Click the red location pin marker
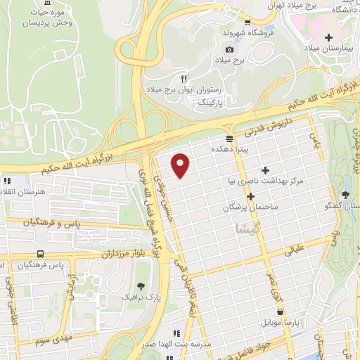pyautogui.click(x=181, y=165)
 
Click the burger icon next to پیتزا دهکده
pyautogui.click(x=230, y=139)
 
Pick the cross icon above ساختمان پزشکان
pyautogui.click(x=250, y=195)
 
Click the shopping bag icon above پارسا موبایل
pyautogui.click(x=281, y=311)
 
